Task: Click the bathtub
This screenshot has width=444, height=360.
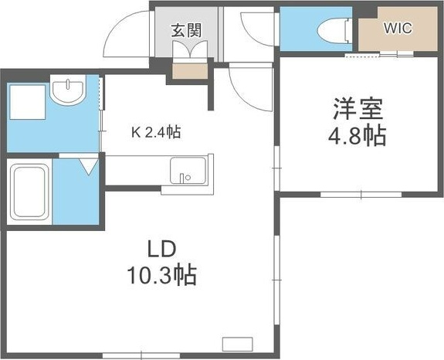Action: [x=30, y=191]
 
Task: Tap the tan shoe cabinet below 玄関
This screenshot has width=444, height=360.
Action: [x=189, y=72]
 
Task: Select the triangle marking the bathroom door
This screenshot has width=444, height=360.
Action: [x=86, y=165]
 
